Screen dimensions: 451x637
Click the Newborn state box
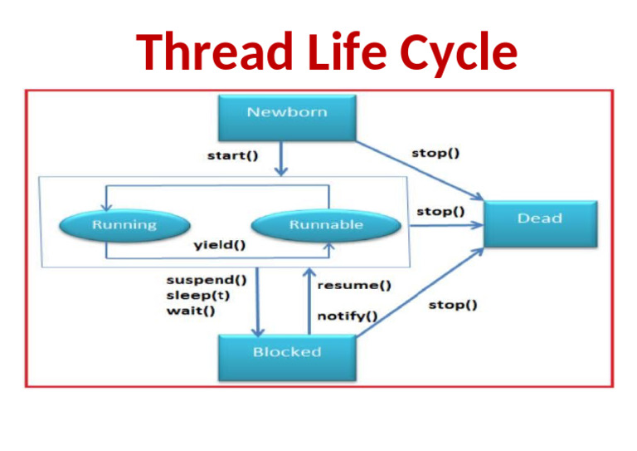point(287,117)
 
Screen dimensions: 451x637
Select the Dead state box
point(539,223)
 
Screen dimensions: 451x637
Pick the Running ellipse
point(124,225)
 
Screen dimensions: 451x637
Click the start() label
point(231,155)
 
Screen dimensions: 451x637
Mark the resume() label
point(354,286)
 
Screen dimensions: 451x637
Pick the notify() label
point(348,316)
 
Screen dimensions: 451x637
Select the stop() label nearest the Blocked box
point(452,306)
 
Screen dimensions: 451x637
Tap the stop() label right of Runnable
point(440,211)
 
